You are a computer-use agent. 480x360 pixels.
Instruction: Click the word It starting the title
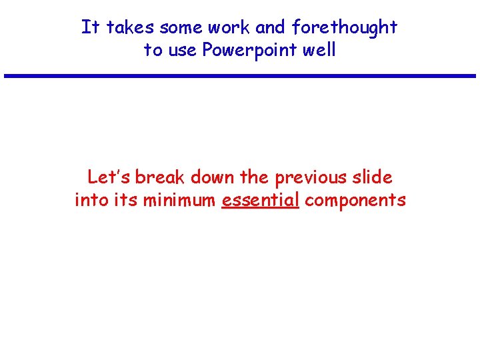point(89,27)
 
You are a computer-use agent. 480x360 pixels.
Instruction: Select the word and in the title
point(270,27)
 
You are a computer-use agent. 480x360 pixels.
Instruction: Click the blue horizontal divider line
point(240,76)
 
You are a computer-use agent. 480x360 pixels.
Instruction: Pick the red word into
point(90,200)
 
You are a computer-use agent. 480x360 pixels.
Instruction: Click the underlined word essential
point(261,200)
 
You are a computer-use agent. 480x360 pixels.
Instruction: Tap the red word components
point(355,201)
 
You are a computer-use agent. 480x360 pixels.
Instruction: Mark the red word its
point(123,200)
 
